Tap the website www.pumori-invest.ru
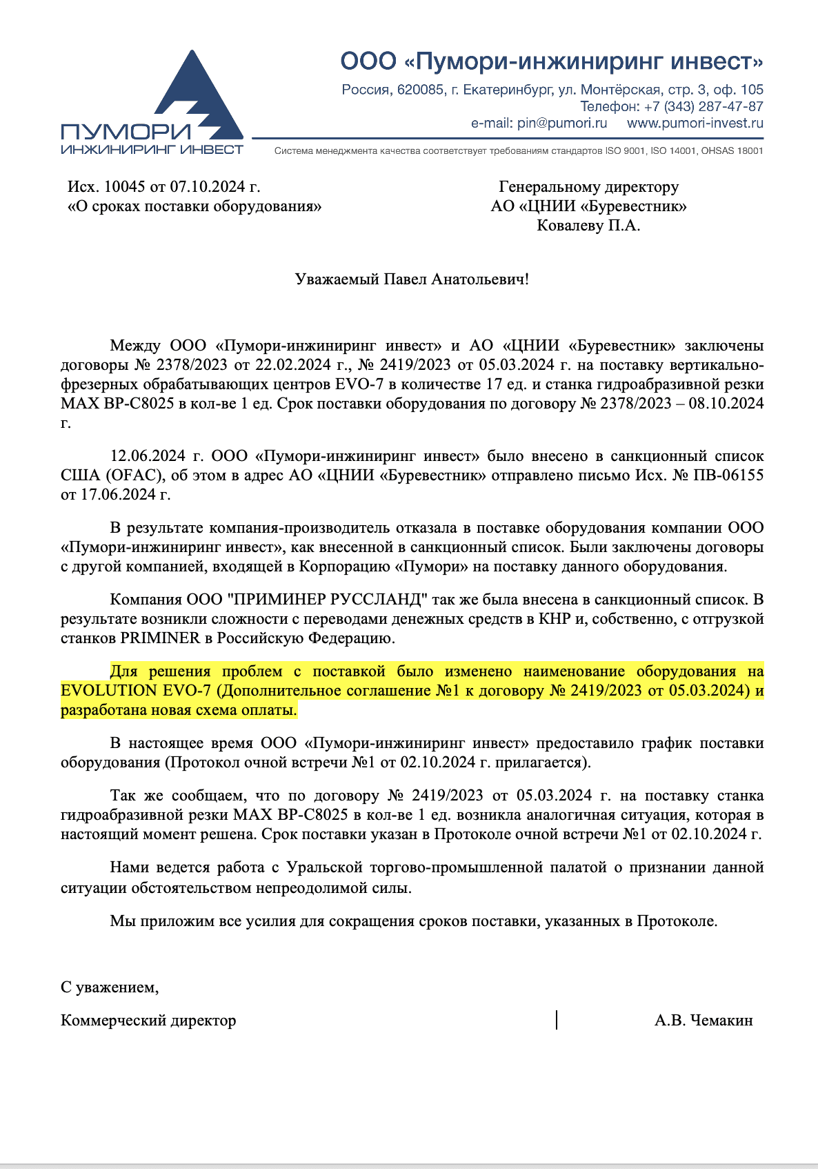coord(695,124)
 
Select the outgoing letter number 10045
coord(125,187)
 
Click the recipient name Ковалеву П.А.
coord(588,226)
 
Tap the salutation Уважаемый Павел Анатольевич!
coord(412,279)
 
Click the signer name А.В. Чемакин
coord(704,1021)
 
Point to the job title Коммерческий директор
coord(148,1021)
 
